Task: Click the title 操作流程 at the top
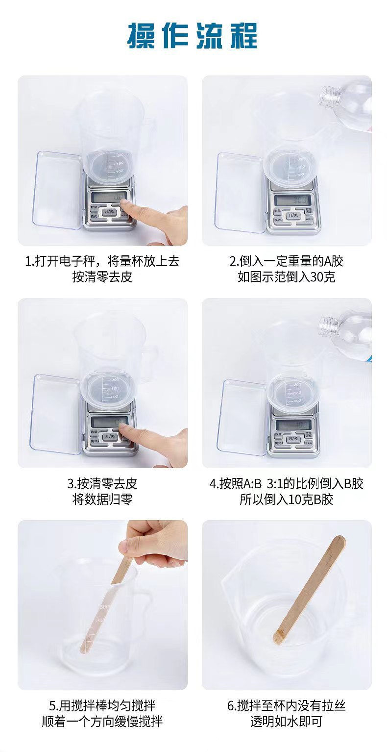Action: (x=193, y=35)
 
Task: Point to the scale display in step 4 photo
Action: (x=293, y=425)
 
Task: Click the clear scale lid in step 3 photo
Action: (x=55, y=414)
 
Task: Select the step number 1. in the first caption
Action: (x=29, y=261)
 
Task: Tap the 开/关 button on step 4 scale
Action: (x=292, y=438)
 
